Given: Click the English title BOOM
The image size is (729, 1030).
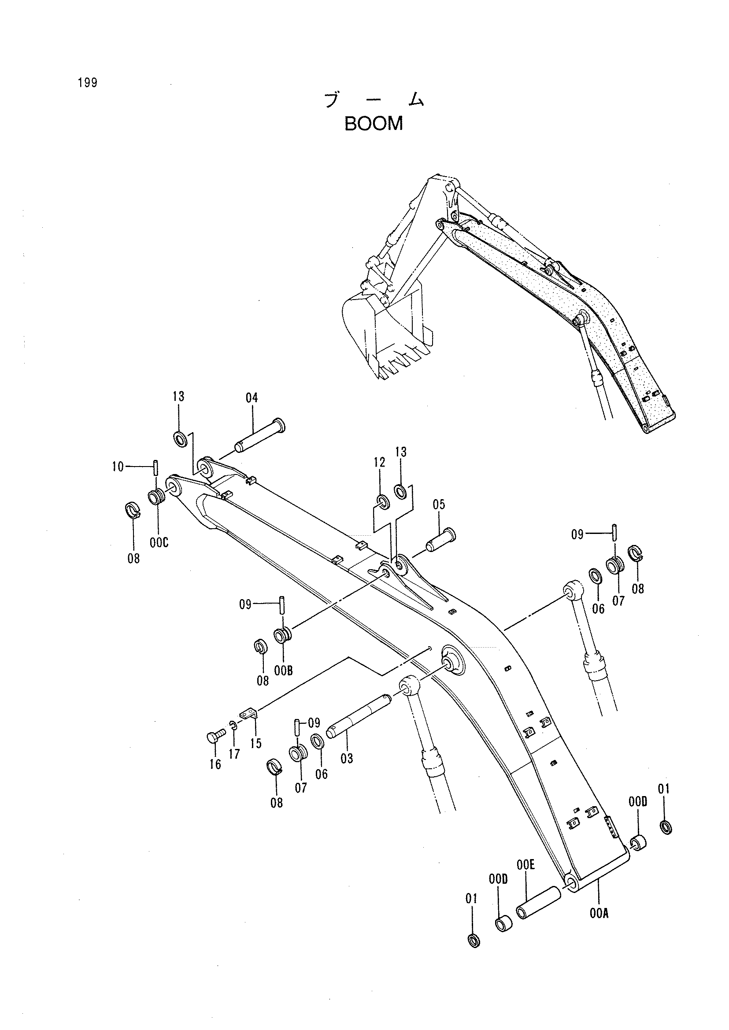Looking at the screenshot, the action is (374, 124).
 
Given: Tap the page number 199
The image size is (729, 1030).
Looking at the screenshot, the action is (87, 83).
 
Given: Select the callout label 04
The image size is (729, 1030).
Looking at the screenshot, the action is (252, 398).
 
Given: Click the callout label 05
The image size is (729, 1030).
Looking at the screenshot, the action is (439, 505).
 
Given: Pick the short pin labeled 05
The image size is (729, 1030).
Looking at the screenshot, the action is (440, 541).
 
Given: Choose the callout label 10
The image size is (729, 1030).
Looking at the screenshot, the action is (118, 467).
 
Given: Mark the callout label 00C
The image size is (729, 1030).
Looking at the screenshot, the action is (159, 543).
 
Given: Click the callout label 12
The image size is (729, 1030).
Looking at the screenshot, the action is (380, 462).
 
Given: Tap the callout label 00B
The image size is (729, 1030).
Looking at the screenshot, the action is (284, 671).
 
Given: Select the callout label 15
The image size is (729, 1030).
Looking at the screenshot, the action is (256, 744).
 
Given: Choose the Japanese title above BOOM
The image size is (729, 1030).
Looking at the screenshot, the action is (374, 100).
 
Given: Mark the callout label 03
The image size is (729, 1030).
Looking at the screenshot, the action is (347, 759).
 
